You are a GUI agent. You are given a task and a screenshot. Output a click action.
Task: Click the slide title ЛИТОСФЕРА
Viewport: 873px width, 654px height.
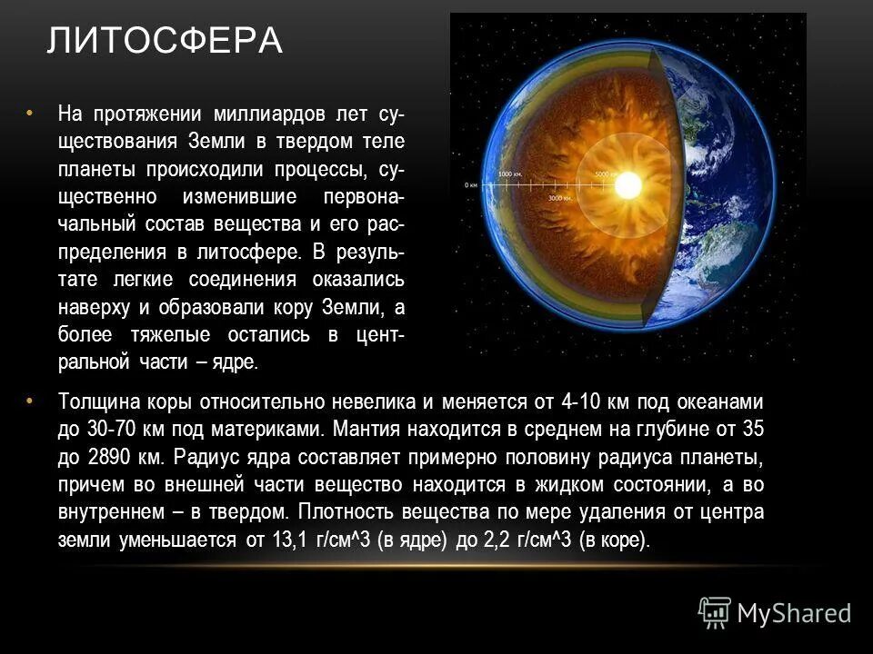coord(165,42)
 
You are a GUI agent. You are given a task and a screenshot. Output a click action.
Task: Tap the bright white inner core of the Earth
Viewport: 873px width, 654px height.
coord(627,185)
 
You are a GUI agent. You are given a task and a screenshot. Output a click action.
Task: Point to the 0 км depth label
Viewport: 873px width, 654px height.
coord(471,184)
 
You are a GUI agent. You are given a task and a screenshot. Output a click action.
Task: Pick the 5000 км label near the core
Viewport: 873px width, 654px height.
coord(607,173)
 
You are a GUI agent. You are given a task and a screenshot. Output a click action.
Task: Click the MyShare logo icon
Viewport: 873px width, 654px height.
coord(715,613)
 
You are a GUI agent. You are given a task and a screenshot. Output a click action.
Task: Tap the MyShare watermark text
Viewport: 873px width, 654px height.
coord(794,614)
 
